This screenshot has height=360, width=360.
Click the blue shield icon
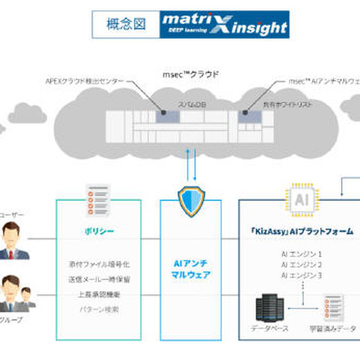tap(190, 200)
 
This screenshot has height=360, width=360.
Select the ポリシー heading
tap(97, 231)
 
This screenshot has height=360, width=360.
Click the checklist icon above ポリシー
tap(97, 196)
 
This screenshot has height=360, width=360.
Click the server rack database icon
tap(269, 307)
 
